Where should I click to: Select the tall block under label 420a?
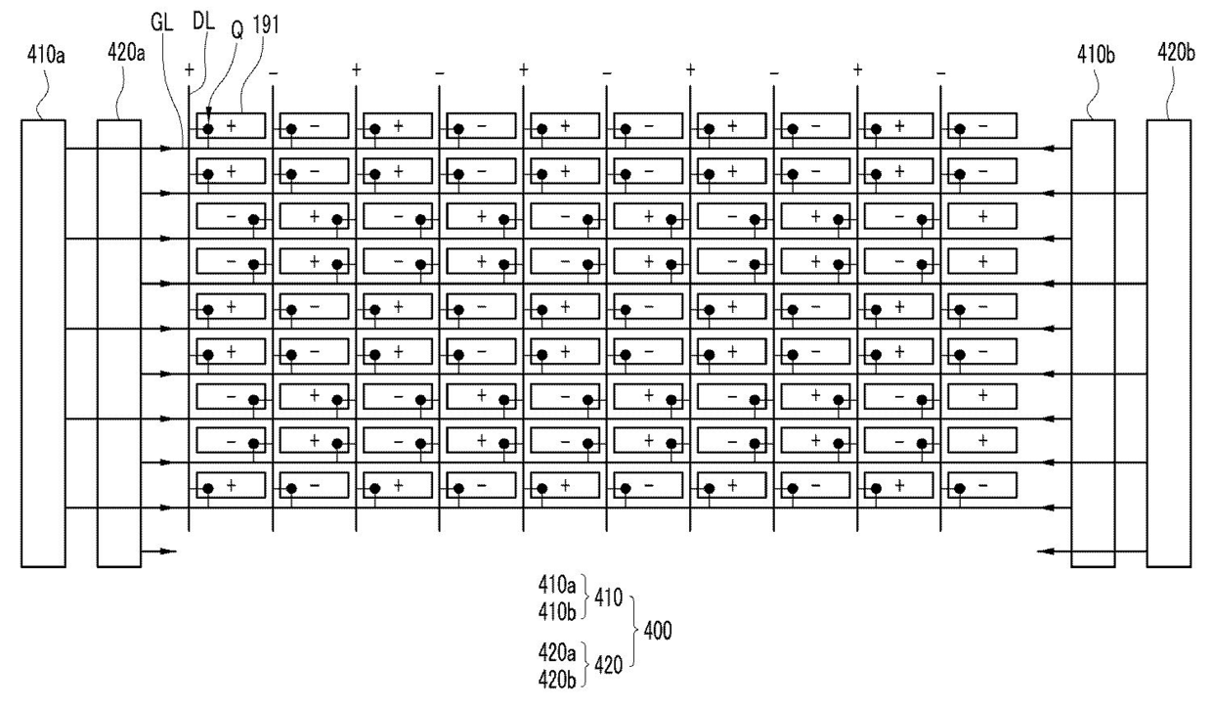(x=119, y=342)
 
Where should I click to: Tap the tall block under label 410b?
(x=1093, y=342)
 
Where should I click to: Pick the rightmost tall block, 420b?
(x=1169, y=342)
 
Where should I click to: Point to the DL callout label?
(x=204, y=21)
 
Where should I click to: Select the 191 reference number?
(x=265, y=22)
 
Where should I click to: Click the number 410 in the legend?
(x=609, y=599)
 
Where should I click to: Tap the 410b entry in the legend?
(x=558, y=613)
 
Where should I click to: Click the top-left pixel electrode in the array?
(x=231, y=126)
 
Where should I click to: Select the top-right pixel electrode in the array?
(x=982, y=126)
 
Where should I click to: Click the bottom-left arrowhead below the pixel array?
(x=168, y=553)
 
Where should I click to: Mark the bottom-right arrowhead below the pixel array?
(x=1045, y=553)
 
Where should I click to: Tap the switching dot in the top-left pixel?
(x=208, y=128)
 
